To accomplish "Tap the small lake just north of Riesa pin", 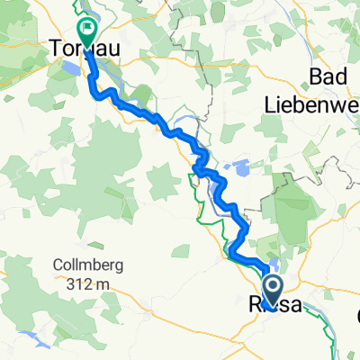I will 273,265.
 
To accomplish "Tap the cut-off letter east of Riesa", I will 357,316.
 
